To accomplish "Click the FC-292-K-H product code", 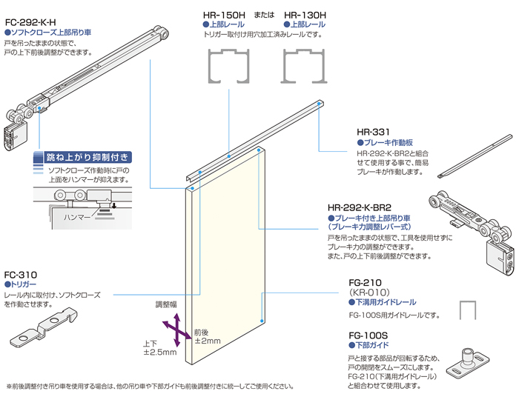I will point(32,21).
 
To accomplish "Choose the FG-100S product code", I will point(368,335).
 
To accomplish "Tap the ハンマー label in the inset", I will point(78,217).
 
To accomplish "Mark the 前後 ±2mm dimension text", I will point(207,336).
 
